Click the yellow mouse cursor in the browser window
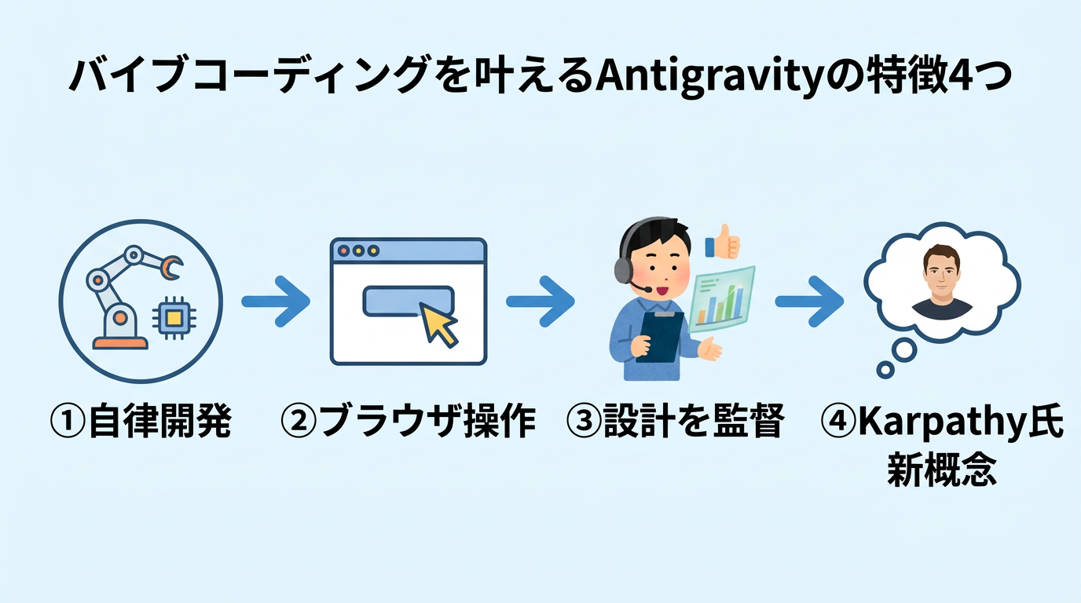(439, 323)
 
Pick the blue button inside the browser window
(408, 301)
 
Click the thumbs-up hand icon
(723, 242)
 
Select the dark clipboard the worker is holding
(657, 336)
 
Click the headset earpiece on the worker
(622, 269)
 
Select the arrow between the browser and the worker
(540, 301)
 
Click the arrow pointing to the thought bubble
(809, 301)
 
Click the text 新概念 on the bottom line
(942, 470)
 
